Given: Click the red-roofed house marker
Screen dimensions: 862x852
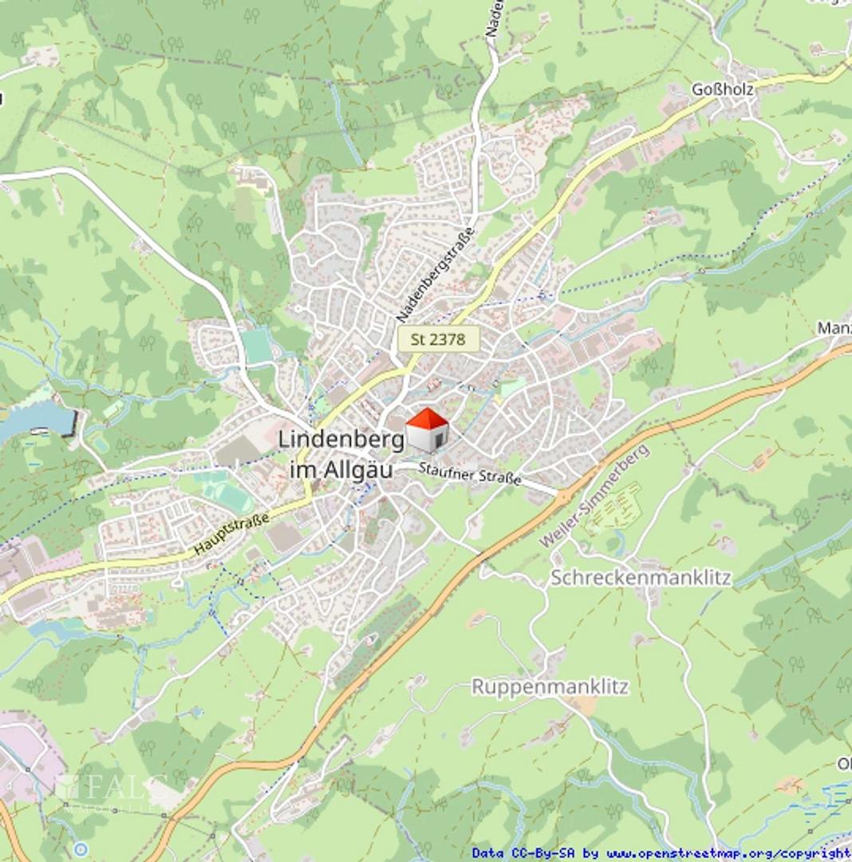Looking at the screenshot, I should [428, 431].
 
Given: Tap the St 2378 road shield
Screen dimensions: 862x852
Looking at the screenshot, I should [438, 339].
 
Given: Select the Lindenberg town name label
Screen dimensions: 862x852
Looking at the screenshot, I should [341, 440].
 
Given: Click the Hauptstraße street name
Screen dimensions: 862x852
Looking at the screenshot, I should [231, 536].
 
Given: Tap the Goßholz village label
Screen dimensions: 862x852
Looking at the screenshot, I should [722, 90].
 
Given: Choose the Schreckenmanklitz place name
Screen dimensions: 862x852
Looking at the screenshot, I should [640, 578].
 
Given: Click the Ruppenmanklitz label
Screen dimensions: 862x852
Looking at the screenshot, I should [550, 686].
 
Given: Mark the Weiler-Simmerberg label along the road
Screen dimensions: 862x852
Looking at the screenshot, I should [594, 497].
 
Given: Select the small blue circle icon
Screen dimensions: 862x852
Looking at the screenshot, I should [80, 848].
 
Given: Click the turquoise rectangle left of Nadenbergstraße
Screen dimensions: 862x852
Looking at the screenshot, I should [258, 346].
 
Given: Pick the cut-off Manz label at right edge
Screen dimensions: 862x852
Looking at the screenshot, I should [834, 329].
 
